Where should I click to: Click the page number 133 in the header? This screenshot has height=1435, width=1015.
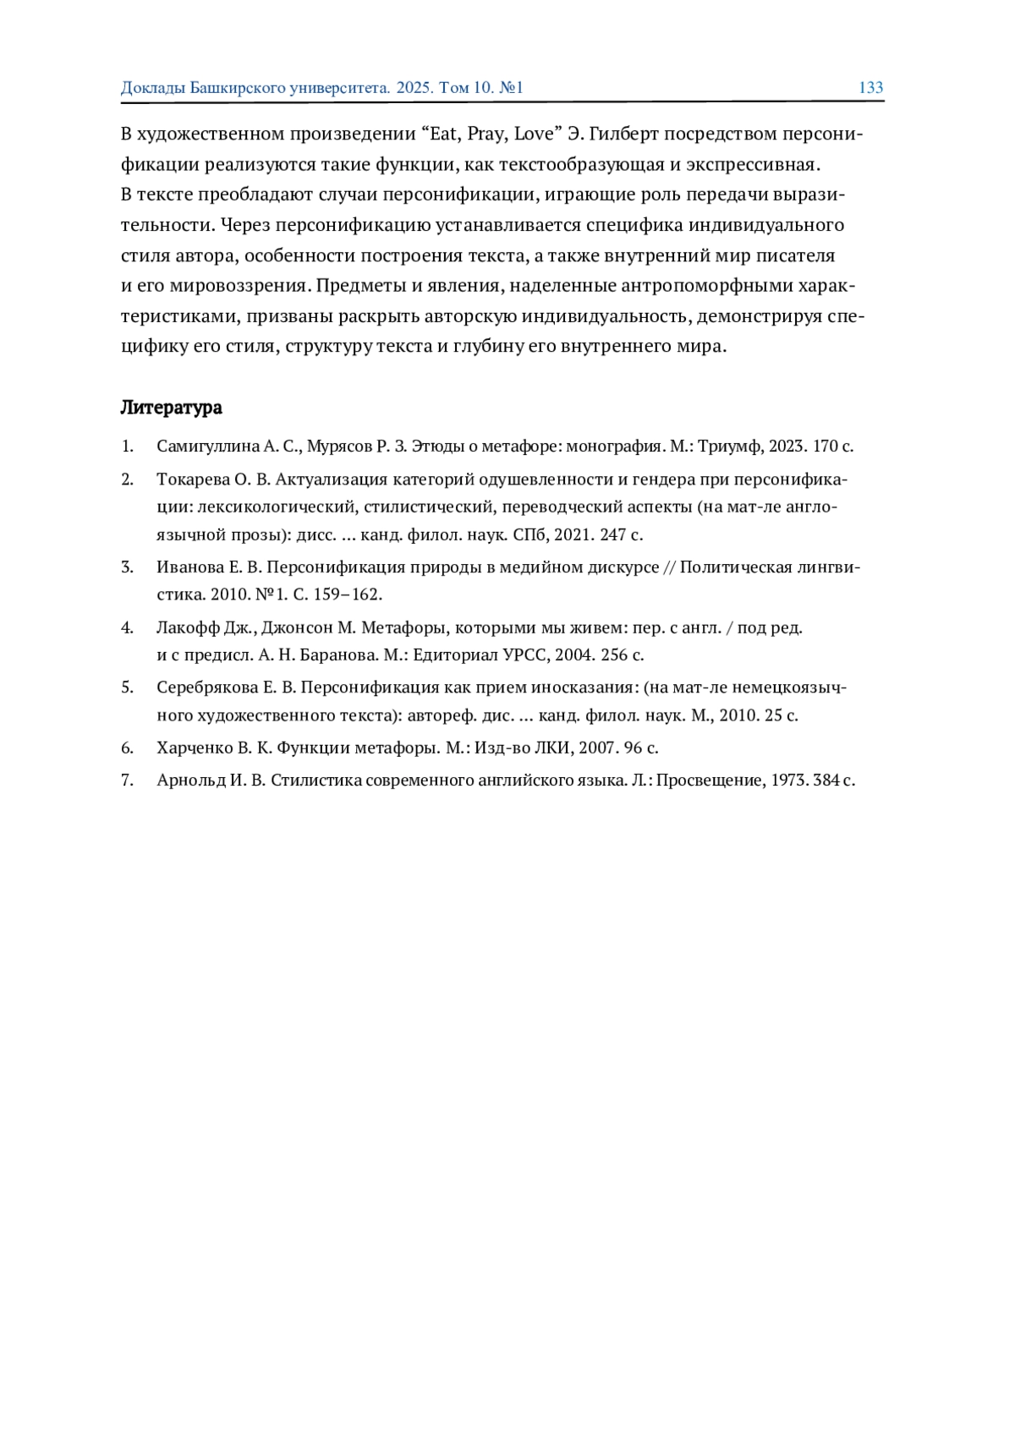click(x=870, y=88)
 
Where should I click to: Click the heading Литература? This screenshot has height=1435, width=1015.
click(x=171, y=408)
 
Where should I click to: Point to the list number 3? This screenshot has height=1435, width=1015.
click(x=127, y=567)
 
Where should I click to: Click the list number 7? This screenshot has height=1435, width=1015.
click(x=127, y=780)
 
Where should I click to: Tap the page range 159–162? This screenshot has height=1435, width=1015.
click(x=348, y=594)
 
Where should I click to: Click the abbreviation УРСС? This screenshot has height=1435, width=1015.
click(x=526, y=655)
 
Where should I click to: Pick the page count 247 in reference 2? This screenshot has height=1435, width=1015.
click(x=613, y=535)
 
